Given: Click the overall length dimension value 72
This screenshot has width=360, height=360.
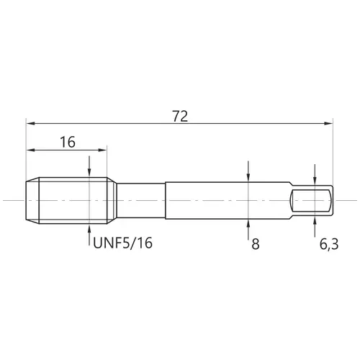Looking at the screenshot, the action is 180,117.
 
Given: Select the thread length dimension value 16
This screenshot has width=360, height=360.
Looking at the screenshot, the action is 68,142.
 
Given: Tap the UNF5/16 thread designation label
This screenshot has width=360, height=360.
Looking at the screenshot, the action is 122,243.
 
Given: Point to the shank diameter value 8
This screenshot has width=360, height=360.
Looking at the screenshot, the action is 256,244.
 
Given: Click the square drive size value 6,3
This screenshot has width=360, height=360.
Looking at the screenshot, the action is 329,244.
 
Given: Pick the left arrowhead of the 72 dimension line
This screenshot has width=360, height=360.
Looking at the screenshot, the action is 31,123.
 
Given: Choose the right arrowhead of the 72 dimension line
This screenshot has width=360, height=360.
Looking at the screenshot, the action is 328,123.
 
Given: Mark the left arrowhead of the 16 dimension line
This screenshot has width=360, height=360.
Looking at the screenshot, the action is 31,150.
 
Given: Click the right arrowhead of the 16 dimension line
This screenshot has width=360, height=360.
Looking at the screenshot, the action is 102,150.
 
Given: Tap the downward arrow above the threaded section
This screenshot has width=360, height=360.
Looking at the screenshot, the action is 89,166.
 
